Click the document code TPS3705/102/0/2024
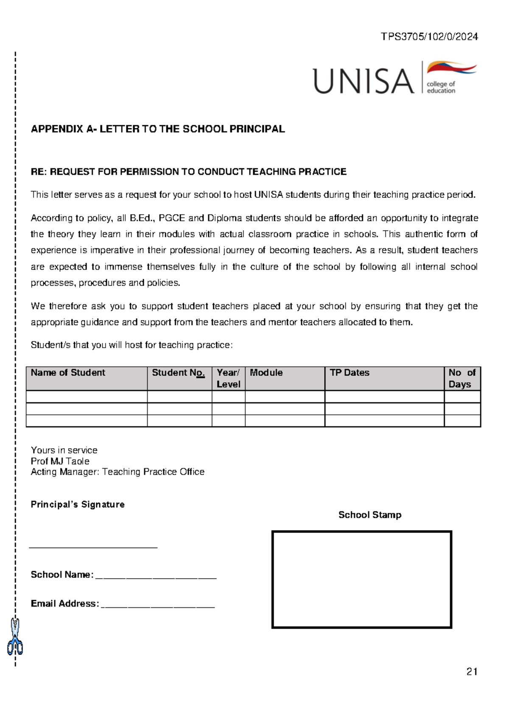[x=429, y=37]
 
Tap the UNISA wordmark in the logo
[x=363, y=81]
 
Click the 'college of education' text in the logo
[x=441, y=87]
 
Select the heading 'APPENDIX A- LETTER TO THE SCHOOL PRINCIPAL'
[x=157, y=129]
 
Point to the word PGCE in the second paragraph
[x=172, y=218]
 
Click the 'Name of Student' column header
[x=68, y=373]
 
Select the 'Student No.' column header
[x=178, y=373]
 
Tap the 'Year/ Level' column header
[x=228, y=378]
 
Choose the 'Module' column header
[x=266, y=373]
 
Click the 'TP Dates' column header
[x=350, y=373]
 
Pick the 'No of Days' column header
[x=461, y=378]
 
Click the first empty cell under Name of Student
[x=87, y=397]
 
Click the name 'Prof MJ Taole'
[x=60, y=461]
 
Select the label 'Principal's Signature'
[x=78, y=504]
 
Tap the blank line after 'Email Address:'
[x=157, y=605]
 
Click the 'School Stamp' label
[x=369, y=515]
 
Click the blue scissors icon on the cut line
[x=15, y=637]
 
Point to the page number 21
[x=472, y=672]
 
